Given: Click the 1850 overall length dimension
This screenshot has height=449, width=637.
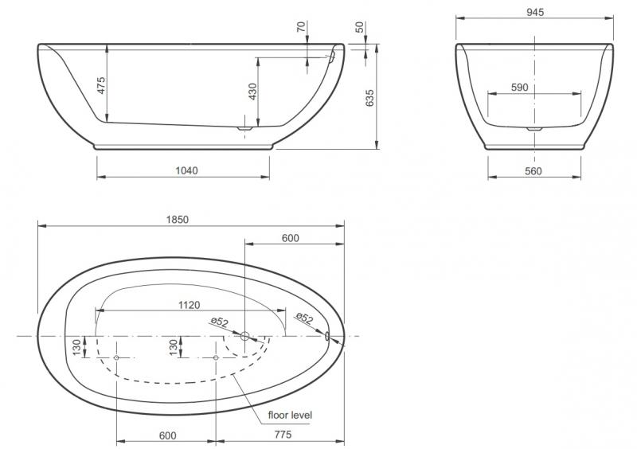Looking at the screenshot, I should (x=179, y=220).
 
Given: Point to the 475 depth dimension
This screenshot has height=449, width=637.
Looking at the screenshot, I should (x=101, y=85).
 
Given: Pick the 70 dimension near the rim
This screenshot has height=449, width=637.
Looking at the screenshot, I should (x=300, y=28).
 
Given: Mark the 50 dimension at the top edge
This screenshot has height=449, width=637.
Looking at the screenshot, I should (x=360, y=28).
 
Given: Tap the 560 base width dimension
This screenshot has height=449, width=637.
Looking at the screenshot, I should (x=533, y=170).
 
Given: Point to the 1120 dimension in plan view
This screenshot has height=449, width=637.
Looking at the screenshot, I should (x=189, y=305).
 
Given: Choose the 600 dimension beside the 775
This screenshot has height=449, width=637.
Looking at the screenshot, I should (x=166, y=435).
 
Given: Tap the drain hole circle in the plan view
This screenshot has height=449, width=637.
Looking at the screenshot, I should (x=245, y=337).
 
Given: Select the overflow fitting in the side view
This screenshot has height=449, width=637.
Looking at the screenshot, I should (x=329, y=57).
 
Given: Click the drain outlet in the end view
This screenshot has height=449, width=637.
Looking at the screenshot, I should (x=534, y=127).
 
